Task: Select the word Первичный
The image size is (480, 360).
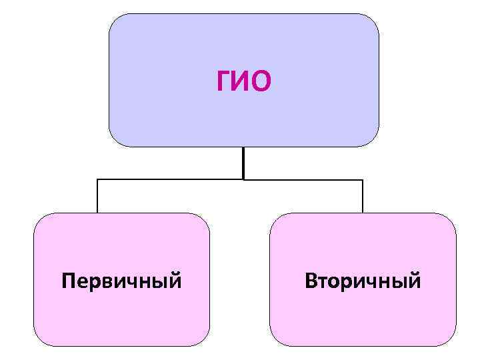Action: click(121, 281)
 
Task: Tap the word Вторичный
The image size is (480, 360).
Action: click(363, 281)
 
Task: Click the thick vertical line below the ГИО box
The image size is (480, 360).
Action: click(243, 163)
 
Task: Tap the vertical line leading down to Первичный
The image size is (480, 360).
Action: click(97, 196)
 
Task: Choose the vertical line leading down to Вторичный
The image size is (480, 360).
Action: click(363, 196)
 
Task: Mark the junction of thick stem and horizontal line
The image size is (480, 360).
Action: click(243, 179)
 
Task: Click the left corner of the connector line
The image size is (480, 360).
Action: click(97, 179)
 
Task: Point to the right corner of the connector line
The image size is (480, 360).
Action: click(363, 179)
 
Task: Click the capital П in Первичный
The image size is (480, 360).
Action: click(67, 281)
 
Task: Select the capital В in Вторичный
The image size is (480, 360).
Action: click(311, 281)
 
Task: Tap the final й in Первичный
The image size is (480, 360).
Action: click(175, 280)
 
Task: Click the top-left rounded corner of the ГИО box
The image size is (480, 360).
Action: click(115, 20)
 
